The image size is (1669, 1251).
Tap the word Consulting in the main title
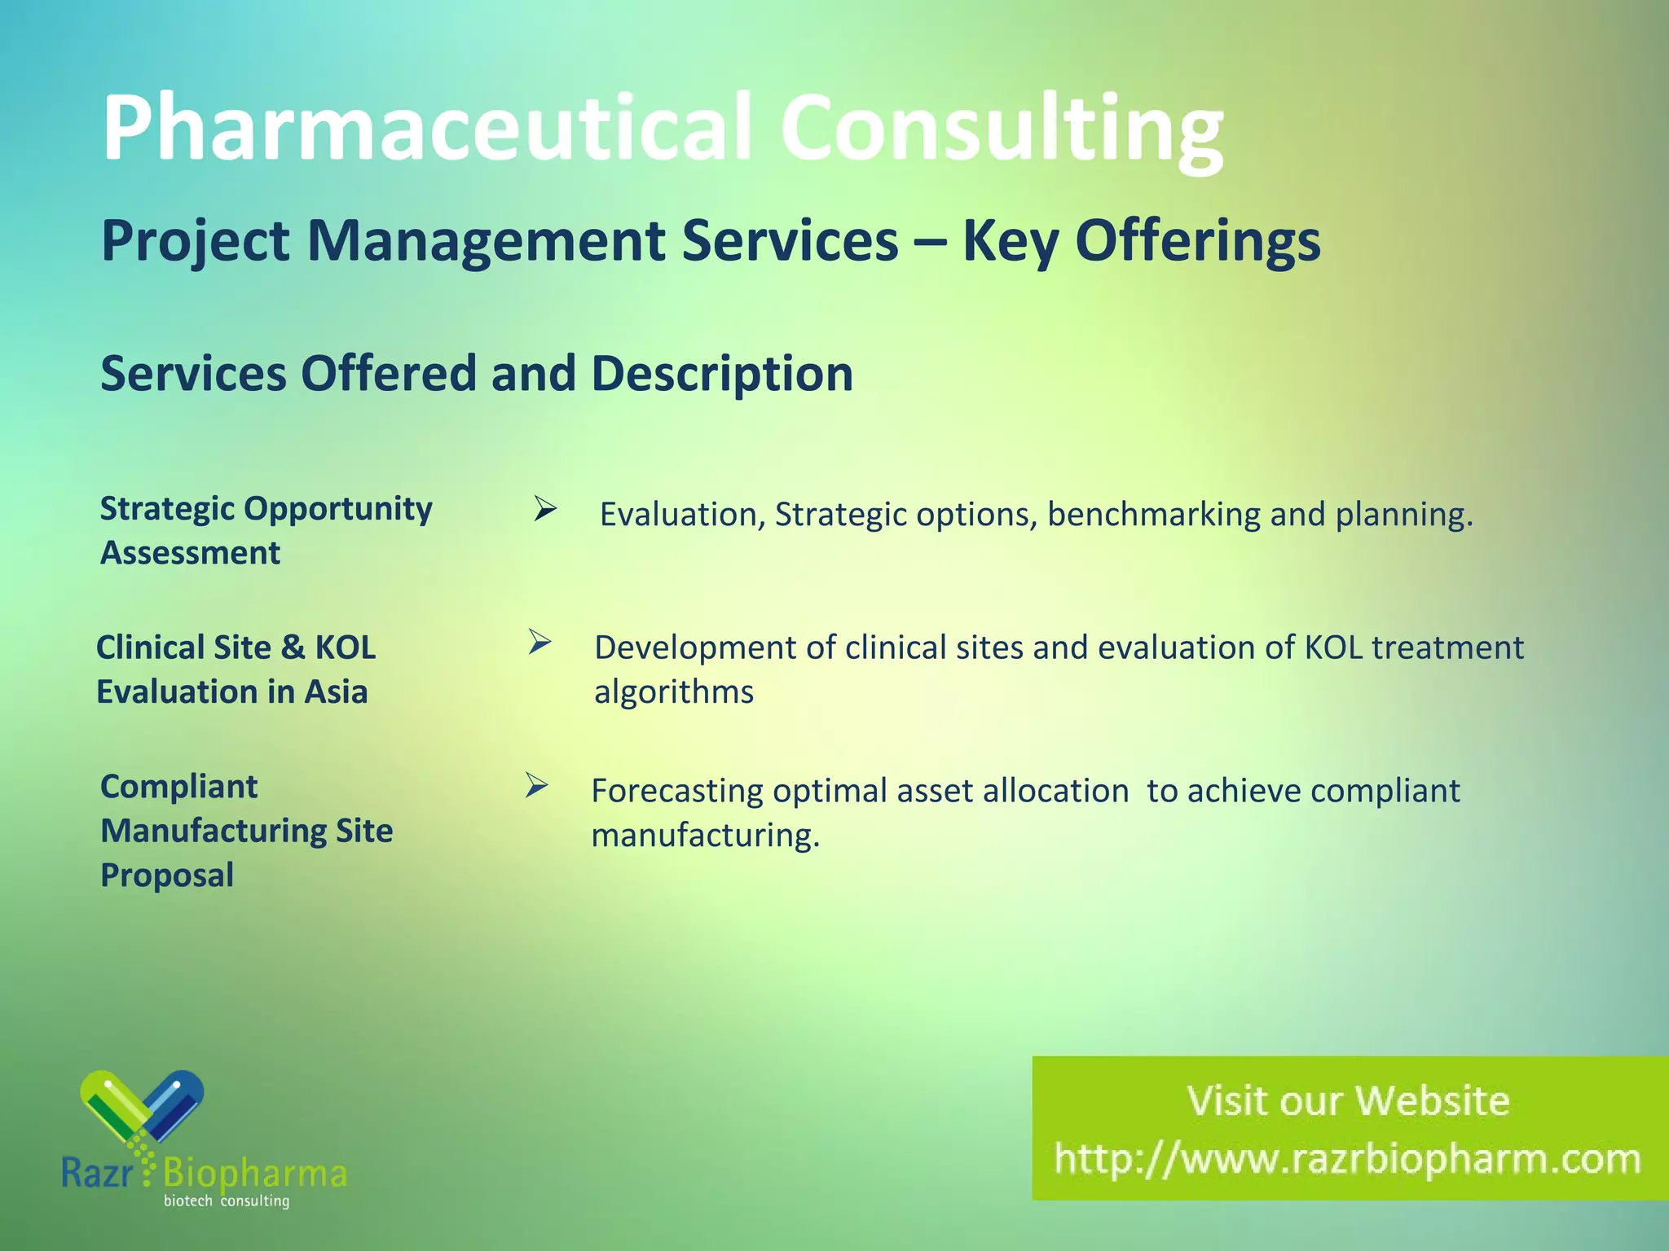[1002, 129]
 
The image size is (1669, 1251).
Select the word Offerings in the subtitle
[1141, 241]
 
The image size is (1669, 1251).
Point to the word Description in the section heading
[722, 374]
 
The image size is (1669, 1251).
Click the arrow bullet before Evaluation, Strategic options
[544, 510]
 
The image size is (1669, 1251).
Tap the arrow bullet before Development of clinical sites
[539, 642]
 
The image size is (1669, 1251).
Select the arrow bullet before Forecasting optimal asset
[536, 785]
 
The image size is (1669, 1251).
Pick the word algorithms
[674, 692]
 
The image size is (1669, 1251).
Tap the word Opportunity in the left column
[338, 509]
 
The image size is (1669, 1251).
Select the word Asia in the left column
[336, 692]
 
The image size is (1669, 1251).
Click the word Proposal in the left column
[167, 876]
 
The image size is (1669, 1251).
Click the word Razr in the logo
[97, 1174]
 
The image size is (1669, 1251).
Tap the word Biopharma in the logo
[255, 1174]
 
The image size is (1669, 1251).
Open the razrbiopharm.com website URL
[1347, 1159]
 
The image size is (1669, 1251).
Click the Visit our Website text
[1348, 1100]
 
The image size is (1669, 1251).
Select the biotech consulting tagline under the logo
[227, 1201]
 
